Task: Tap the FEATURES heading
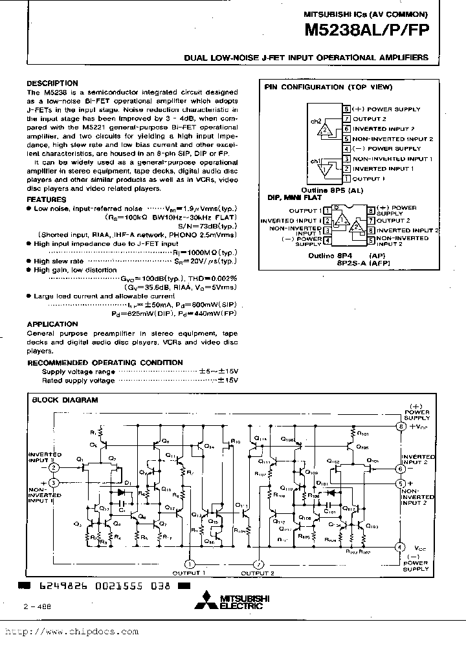point(47,201)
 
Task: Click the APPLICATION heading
point(52,324)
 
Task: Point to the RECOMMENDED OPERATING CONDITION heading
point(105,362)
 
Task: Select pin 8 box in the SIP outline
point(347,109)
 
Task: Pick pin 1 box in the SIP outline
point(347,178)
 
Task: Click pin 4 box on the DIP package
point(327,241)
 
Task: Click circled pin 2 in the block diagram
point(54,467)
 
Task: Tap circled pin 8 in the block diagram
point(401,427)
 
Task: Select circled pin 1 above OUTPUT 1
point(190,563)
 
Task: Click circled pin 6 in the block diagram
point(401,468)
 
